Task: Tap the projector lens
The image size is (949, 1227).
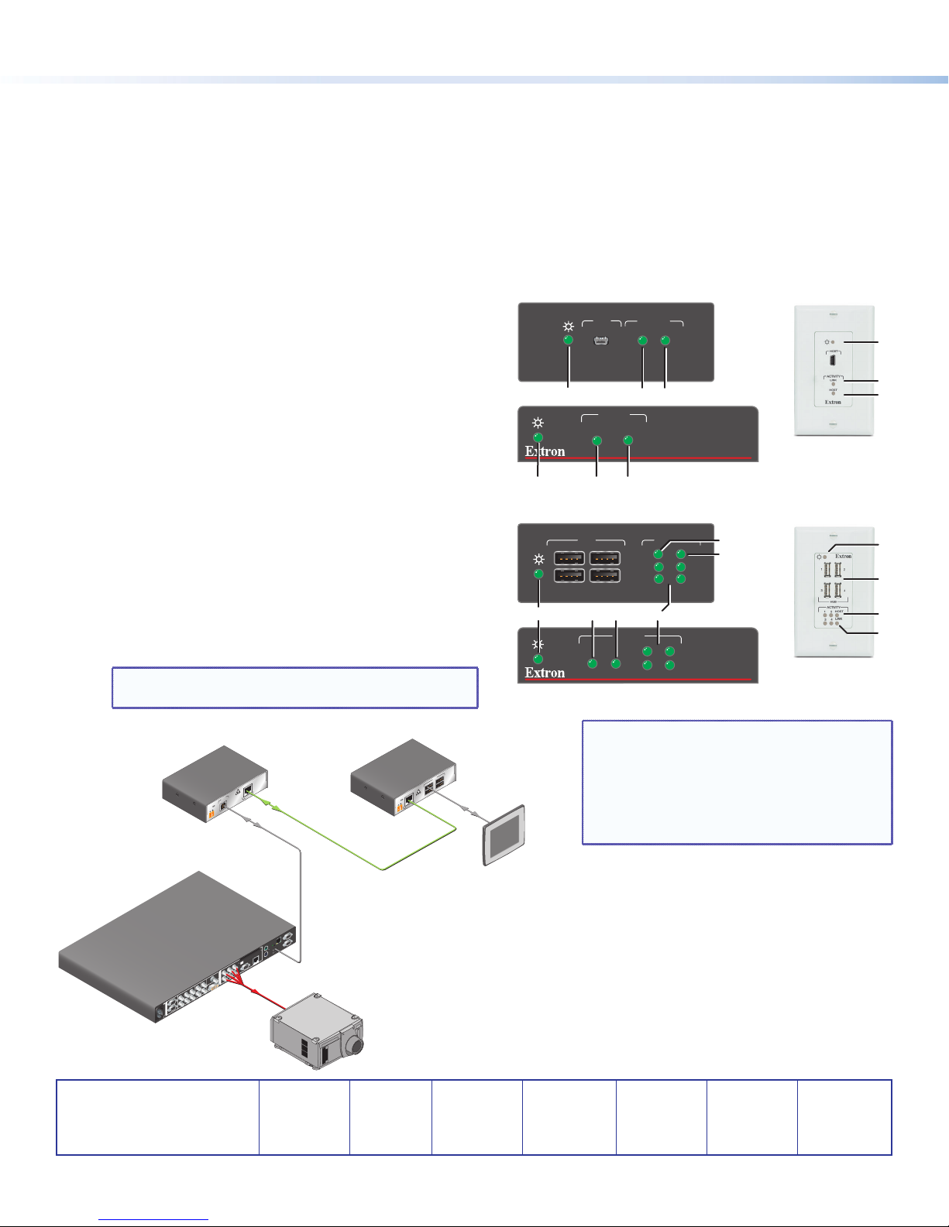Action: pyautogui.click(x=356, y=1044)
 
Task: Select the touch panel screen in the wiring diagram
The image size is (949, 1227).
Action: pyautogui.click(x=504, y=835)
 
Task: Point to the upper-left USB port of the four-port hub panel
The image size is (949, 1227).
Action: pyautogui.click(x=569, y=558)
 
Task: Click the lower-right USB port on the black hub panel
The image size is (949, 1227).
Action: pyautogui.click(x=605, y=576)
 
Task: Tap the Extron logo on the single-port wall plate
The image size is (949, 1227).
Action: pyautogui.click(x=833, y=402)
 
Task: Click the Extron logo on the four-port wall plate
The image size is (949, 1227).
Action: pyautogui.click(x=844, y=556)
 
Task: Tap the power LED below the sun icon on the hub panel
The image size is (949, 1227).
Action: pyautogui.click(x=538, y=574)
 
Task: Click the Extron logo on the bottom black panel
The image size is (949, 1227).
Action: pyautogui.click(x=545, y=673)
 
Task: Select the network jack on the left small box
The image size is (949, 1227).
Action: pyautogui.click(x=249, y=790)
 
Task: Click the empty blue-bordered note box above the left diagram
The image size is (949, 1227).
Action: pyautogui.click(x=294, y=687)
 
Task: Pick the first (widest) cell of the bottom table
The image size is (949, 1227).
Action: pyautogui.click(x=157, y=1117)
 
